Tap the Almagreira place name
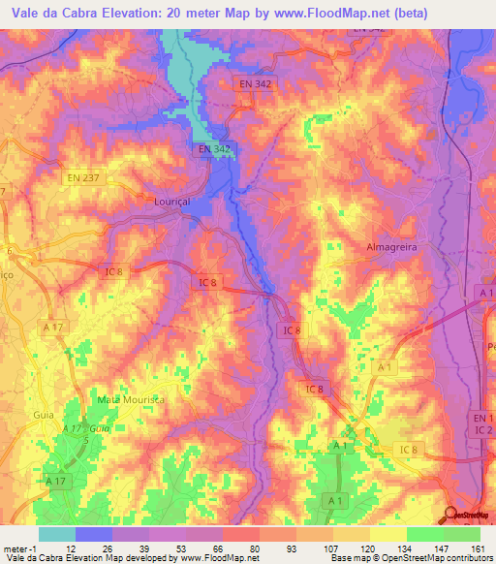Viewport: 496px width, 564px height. (x=391, y=247)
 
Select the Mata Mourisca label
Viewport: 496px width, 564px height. (x=132, y=399)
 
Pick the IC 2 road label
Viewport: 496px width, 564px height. (x=483, y=429)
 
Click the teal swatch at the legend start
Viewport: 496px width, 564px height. (x=57, y=534)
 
